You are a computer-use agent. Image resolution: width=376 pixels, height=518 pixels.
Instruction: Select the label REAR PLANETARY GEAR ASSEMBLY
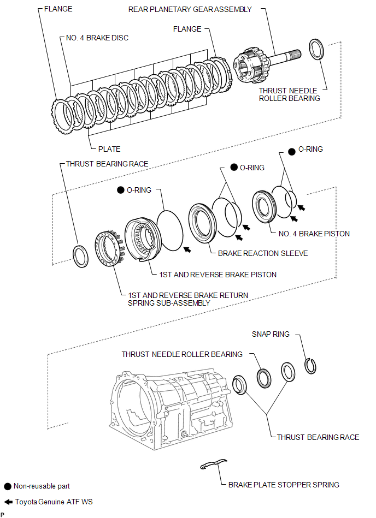coord(190,9)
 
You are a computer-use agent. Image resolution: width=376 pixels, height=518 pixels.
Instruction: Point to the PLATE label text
coord(109,148)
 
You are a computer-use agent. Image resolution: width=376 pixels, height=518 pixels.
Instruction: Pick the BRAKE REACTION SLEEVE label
coord(263,253)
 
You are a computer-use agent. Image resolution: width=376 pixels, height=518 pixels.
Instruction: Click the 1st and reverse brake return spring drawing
coord(109,248)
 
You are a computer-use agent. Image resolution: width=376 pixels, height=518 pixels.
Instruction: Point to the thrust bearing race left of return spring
coord(80,256)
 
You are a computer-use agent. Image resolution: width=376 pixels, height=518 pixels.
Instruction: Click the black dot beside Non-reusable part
coord(7,486)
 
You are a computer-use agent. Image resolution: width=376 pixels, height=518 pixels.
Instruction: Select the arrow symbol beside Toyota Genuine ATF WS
coord(7,501)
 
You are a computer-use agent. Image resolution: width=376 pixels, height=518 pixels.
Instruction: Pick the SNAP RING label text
coord(271,334)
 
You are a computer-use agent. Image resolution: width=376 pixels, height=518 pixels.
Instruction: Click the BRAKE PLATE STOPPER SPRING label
coord(284,485)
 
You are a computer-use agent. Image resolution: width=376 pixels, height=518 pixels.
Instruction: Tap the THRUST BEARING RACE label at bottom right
coord(318,437)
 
